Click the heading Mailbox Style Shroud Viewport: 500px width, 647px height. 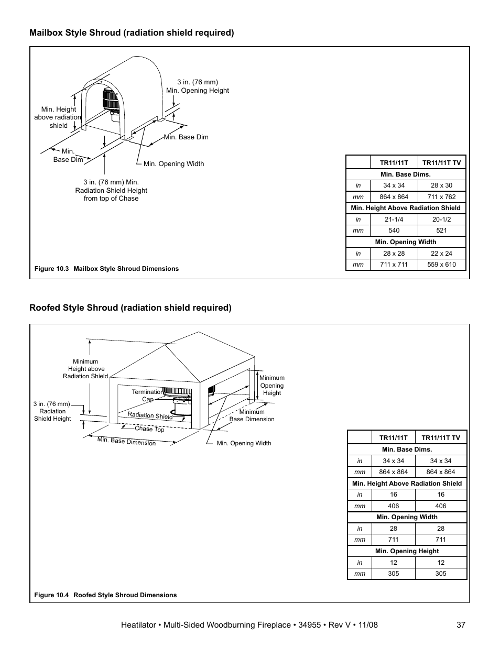[132, 33]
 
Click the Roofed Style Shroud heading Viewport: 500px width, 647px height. [130, 308]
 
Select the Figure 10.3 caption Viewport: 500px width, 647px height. [106, 269]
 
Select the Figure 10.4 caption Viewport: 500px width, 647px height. [105, 595]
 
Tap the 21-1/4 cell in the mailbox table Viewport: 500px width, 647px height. [394, 220]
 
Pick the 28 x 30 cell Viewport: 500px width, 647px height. [441, 185]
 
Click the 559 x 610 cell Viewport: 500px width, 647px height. [441, 265]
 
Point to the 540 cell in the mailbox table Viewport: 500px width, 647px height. [394, 231]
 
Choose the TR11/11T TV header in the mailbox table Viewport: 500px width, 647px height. [441, 162]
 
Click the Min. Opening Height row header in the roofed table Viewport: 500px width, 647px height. [407, 551]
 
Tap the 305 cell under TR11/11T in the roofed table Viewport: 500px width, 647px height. [393, 574]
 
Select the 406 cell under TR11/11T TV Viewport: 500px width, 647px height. [440, 506]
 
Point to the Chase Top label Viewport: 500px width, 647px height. [149, 429]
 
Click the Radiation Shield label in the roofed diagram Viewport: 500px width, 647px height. [150, 415]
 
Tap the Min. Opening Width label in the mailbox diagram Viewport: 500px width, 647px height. [173, 164]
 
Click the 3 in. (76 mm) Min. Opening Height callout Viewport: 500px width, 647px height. [198, 86]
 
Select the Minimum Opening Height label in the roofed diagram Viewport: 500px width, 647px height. [271, 386]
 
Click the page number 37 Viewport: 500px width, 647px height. [461, 625]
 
